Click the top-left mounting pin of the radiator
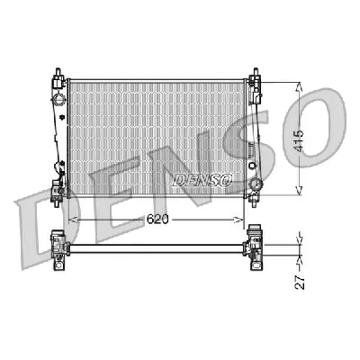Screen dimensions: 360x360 click(x=59, y=69)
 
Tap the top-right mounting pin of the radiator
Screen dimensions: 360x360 click(x=255, y=69)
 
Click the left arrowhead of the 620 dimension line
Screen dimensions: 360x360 click(x=73, y=218)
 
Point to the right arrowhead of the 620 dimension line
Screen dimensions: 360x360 click(x=241, y=218)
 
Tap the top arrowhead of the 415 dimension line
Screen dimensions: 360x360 click(x=298, y=84)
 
